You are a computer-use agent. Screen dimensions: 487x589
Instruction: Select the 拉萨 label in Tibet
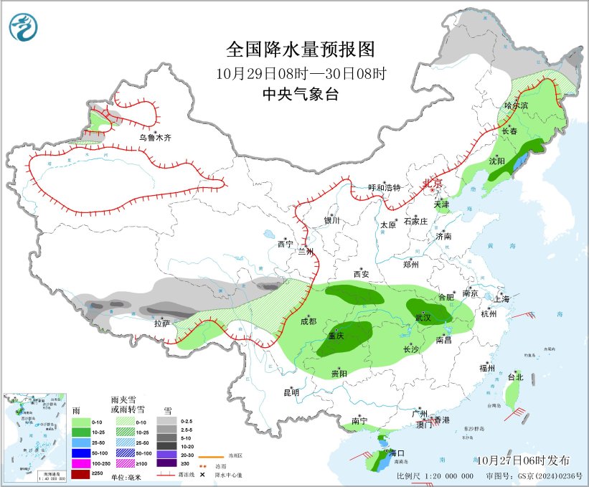[x=161, y=324]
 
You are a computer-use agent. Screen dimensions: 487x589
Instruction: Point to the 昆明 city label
[x=291, y=392]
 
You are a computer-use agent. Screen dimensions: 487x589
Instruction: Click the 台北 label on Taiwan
[x=515, y=377]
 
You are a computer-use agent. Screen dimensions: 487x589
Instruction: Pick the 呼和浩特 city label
[x=384, y=187]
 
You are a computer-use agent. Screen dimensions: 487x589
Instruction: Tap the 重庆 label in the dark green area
[x=336, y=336]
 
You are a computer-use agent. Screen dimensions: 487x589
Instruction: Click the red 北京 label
[x=432, y=184]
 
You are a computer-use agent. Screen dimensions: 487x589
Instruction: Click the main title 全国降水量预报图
[x=301, y=49]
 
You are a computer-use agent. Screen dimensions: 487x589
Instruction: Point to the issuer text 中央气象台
[x=300, y=94]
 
